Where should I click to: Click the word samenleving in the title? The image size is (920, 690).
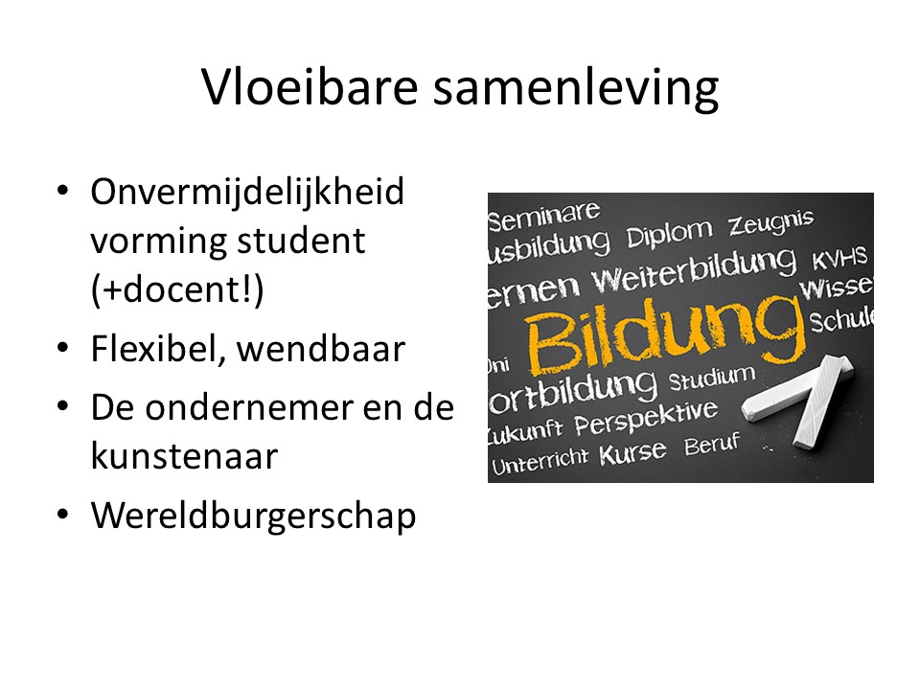[576, 89]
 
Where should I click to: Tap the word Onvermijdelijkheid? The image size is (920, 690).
[247, 192]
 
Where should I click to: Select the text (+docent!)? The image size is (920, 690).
[178, 289]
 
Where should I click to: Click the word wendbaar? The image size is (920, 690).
[321, 349]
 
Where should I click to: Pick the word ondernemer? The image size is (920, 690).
[249, 408]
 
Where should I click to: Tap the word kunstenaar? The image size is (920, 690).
[184, 456]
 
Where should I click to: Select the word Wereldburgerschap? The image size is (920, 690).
[253, 517]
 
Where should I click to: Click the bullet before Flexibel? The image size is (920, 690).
[63, 347]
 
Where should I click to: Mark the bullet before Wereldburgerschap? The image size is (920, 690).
[63, 514]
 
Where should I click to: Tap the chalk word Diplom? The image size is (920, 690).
[670, 234]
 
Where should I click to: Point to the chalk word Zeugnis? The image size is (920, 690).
[770, 223]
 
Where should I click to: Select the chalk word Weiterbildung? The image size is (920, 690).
[694, 272]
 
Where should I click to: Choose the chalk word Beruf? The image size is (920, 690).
[712, 444]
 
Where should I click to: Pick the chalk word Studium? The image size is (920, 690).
[712, 379]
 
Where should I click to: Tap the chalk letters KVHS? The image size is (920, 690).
[839, 258]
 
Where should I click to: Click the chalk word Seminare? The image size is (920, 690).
[544, 217]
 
